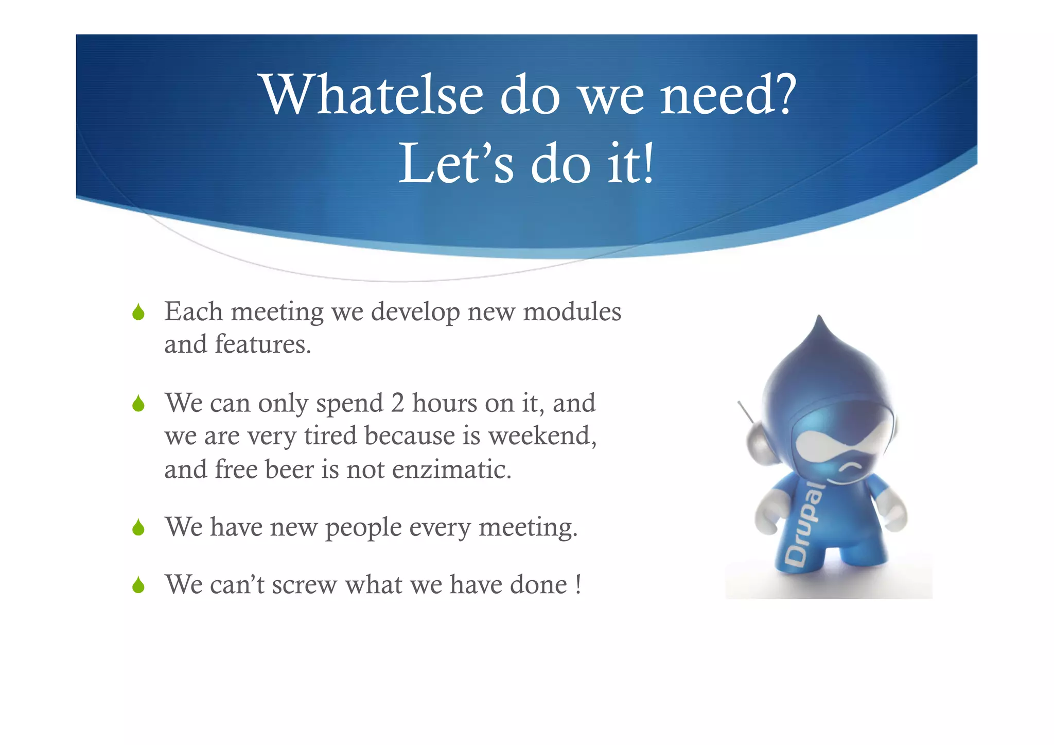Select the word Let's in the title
(456, 164)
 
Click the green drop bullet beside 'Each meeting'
(138, 313)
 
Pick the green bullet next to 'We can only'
(138, 404)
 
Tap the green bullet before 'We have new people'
(138, 528)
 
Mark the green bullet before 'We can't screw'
(138, 585)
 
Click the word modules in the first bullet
(572, 312)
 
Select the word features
(262, 344)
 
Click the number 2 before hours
(397, 403)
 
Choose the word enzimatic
(451, 470)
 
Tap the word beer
(289, 470)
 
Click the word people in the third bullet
(363, 528)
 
